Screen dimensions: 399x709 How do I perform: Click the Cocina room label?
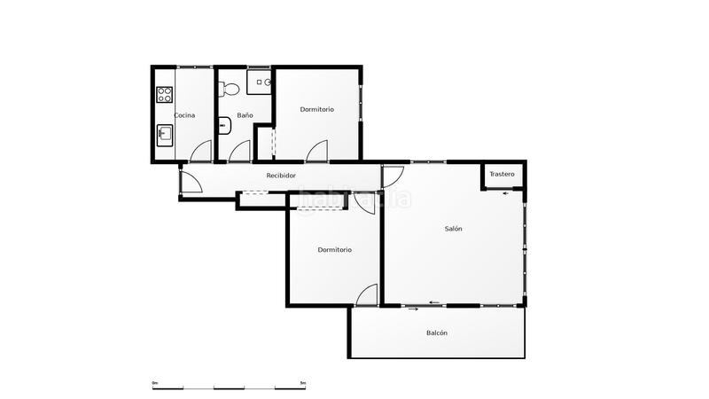click(x=184, y=115)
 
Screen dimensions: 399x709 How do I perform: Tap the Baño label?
click(x=245, y=115)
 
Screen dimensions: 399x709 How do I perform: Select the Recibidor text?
click(x=281, y=176)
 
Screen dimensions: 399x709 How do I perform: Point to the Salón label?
click(x=454, y=229)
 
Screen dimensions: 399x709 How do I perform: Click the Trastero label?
click(x=502, y=174)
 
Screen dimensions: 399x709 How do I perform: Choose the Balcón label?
click(x=436, y=333)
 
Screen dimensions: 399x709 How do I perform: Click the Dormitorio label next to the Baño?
click(x=316, y=109)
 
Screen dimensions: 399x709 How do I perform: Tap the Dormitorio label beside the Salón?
click(x=334, y=250)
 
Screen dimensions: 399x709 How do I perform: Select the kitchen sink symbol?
click(x=164, y=135)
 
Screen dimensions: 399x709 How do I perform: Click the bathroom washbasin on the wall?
click(x=224, y=124)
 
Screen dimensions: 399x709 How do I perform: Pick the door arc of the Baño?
click(x=239, y=152)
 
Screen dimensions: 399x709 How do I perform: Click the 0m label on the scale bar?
click(x=155, y=383)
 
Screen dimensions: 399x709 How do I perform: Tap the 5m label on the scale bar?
click(x=303, y=383)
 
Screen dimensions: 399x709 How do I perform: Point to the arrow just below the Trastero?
click(x=505, y=194)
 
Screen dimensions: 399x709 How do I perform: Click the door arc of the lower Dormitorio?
click(x=368, y=294)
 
